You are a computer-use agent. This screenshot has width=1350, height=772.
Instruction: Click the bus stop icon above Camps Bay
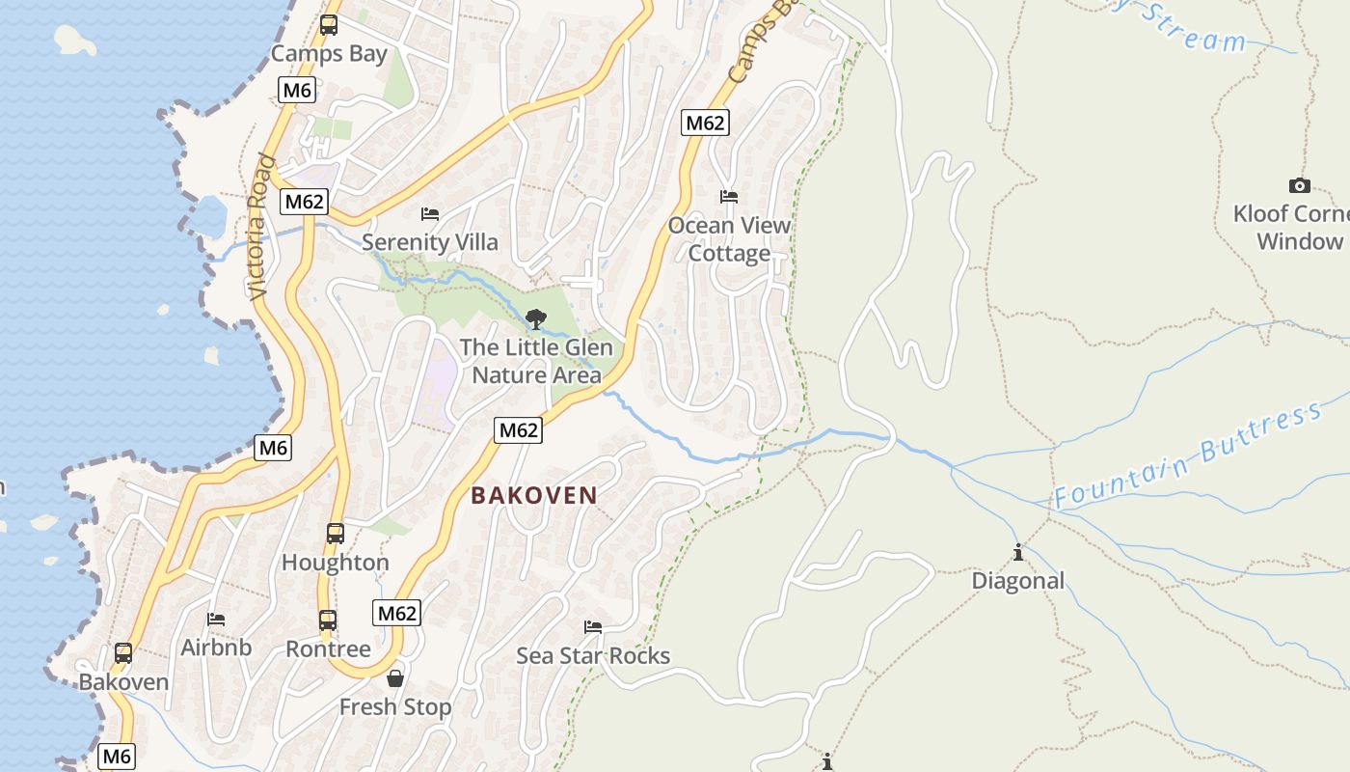pos(329,25)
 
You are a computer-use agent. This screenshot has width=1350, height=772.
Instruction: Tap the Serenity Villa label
pos(430,241)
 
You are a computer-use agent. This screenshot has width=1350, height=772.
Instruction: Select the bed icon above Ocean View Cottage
pos(729,197)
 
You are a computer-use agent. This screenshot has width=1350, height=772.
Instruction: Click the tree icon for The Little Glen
pos(536,318)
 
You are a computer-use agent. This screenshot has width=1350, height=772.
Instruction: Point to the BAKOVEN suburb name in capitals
pos(534,496)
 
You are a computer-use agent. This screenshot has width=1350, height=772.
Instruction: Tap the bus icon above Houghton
pos(336,533)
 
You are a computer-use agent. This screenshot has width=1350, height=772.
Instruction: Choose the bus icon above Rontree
pos(328,620)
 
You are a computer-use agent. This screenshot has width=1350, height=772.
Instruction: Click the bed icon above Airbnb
pos(216,619)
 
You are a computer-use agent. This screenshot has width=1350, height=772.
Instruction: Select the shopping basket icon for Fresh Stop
pos(394,678)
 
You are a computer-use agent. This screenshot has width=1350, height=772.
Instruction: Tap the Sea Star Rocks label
pos(593,656)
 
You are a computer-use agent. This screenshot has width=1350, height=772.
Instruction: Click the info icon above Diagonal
pos(1018,553)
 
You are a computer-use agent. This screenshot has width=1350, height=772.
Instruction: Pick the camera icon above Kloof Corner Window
pos(1299,185)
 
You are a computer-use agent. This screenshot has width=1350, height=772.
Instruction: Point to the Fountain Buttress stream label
pos(1188,456)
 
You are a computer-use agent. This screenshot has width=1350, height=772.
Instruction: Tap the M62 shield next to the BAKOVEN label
pos(518,430)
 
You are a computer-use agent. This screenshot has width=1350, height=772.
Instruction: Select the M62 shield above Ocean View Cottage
pos(705,123)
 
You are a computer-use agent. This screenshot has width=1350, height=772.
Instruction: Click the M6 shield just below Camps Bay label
pos(297,91)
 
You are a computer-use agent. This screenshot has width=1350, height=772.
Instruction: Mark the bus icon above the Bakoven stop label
pos(123,653)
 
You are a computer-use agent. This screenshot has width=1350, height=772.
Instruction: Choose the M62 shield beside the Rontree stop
pos(397,613)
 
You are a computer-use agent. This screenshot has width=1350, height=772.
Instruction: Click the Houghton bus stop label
pos(336,563)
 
